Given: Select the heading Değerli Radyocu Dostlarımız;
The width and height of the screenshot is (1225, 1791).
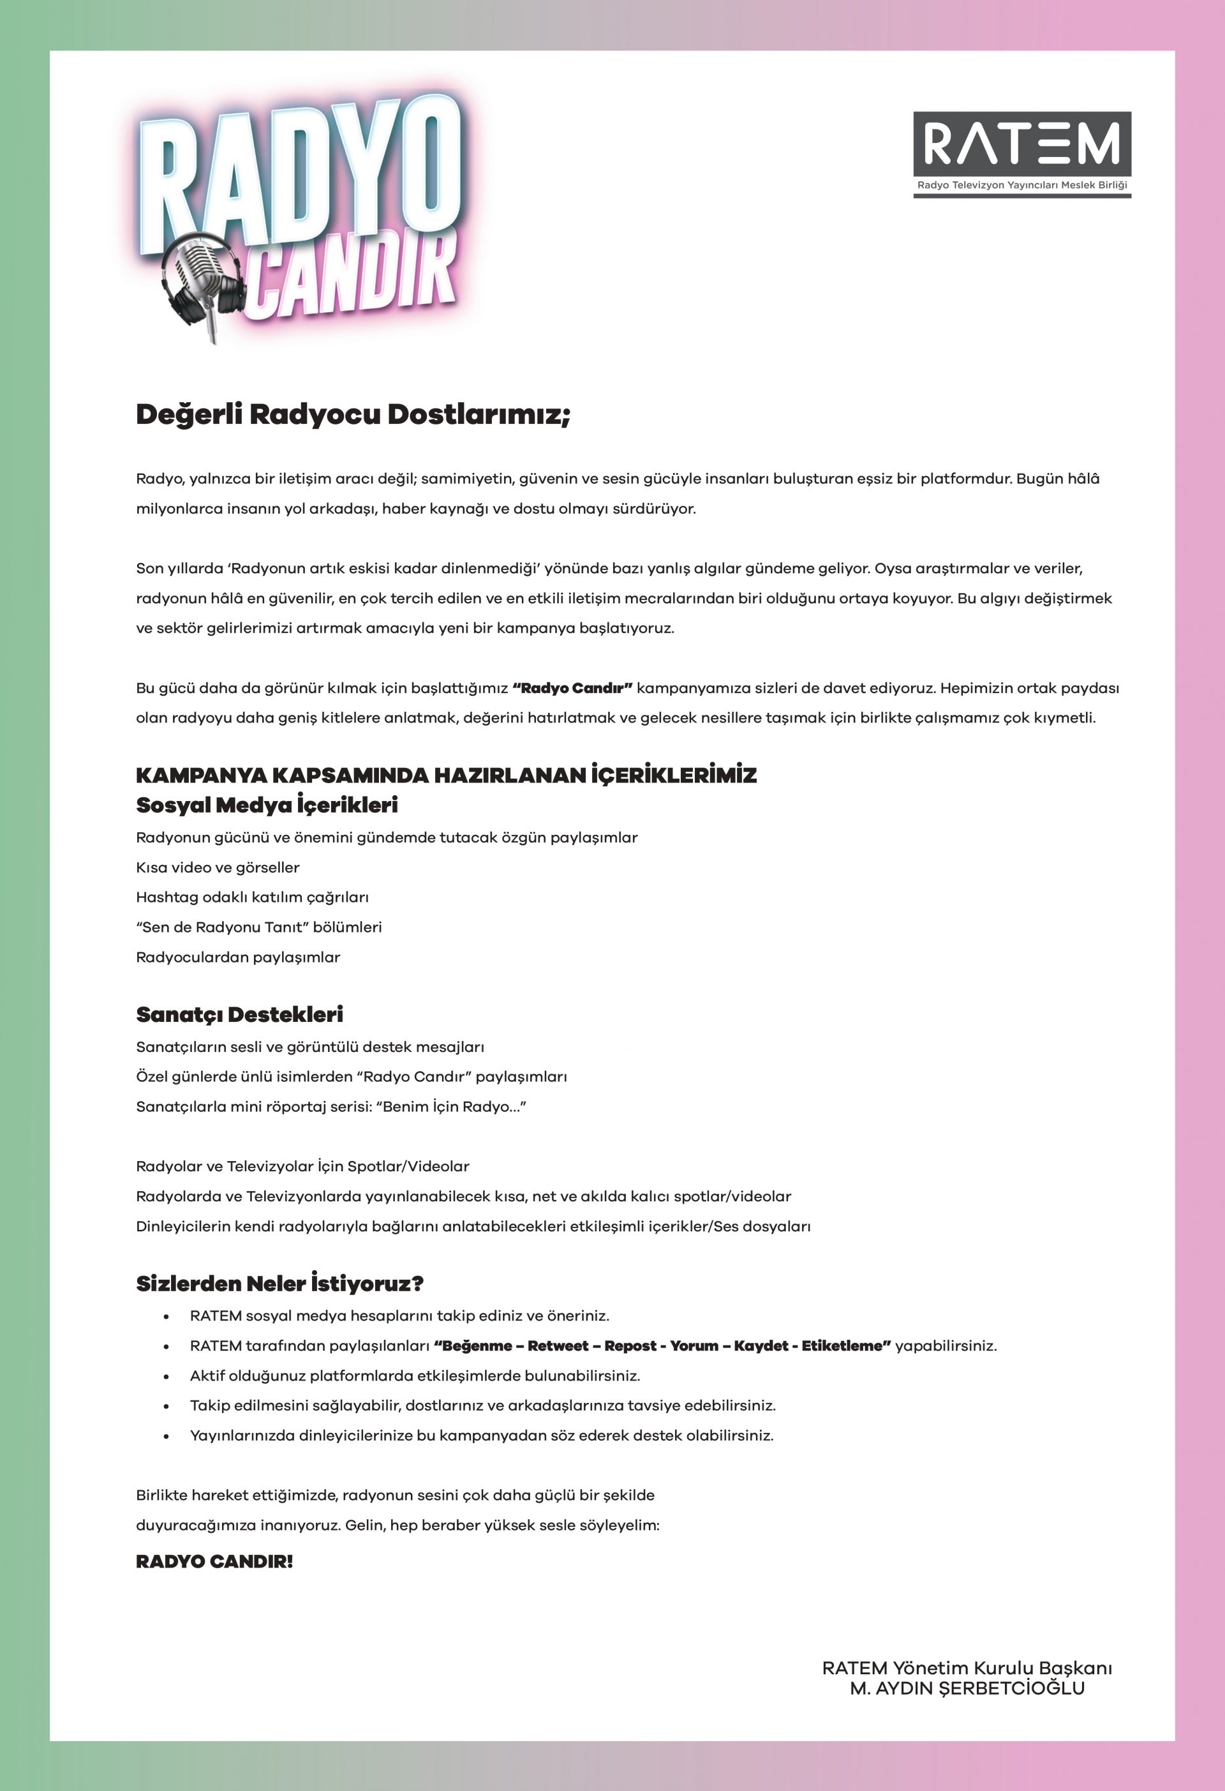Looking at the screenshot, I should point(353,414).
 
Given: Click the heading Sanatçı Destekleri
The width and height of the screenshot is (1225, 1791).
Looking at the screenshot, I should point(240,1014).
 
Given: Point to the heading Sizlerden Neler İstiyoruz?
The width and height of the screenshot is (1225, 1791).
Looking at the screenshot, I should point(279,1283).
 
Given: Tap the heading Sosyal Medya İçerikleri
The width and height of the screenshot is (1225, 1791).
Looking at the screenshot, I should point(267,805).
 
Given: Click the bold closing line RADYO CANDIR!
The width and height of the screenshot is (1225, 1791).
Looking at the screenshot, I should point(214,1561).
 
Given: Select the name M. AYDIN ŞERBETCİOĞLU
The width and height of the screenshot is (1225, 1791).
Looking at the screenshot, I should point(967,1688).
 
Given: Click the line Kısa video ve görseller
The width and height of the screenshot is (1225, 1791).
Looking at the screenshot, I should point(218,867).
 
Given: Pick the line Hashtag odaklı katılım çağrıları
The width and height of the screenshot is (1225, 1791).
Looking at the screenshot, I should point(252,897).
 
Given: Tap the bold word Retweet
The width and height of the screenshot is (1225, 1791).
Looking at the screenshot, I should point(558,1345).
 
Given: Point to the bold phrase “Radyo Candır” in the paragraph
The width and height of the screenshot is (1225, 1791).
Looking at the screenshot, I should point(572,687).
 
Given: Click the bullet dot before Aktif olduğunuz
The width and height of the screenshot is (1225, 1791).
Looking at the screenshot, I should point(166,1376).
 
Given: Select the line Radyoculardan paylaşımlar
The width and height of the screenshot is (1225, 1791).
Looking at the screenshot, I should point(237,957).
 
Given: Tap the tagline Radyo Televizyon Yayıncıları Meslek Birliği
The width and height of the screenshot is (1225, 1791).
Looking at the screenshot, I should point(1021,185).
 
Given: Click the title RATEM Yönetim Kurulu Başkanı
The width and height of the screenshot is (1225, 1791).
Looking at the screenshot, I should point(967,1668).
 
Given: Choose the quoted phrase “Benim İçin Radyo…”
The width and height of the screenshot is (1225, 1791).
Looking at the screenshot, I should point(450,1107).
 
